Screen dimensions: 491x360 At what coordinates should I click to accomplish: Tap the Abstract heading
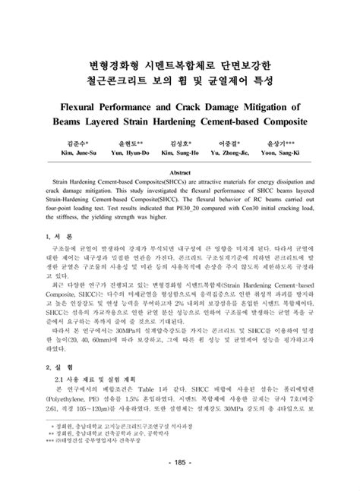pos(179,172)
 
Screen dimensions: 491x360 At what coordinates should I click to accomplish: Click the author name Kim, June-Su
pos(76,153)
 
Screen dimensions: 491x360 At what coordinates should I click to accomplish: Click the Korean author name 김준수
pos(76,142)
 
